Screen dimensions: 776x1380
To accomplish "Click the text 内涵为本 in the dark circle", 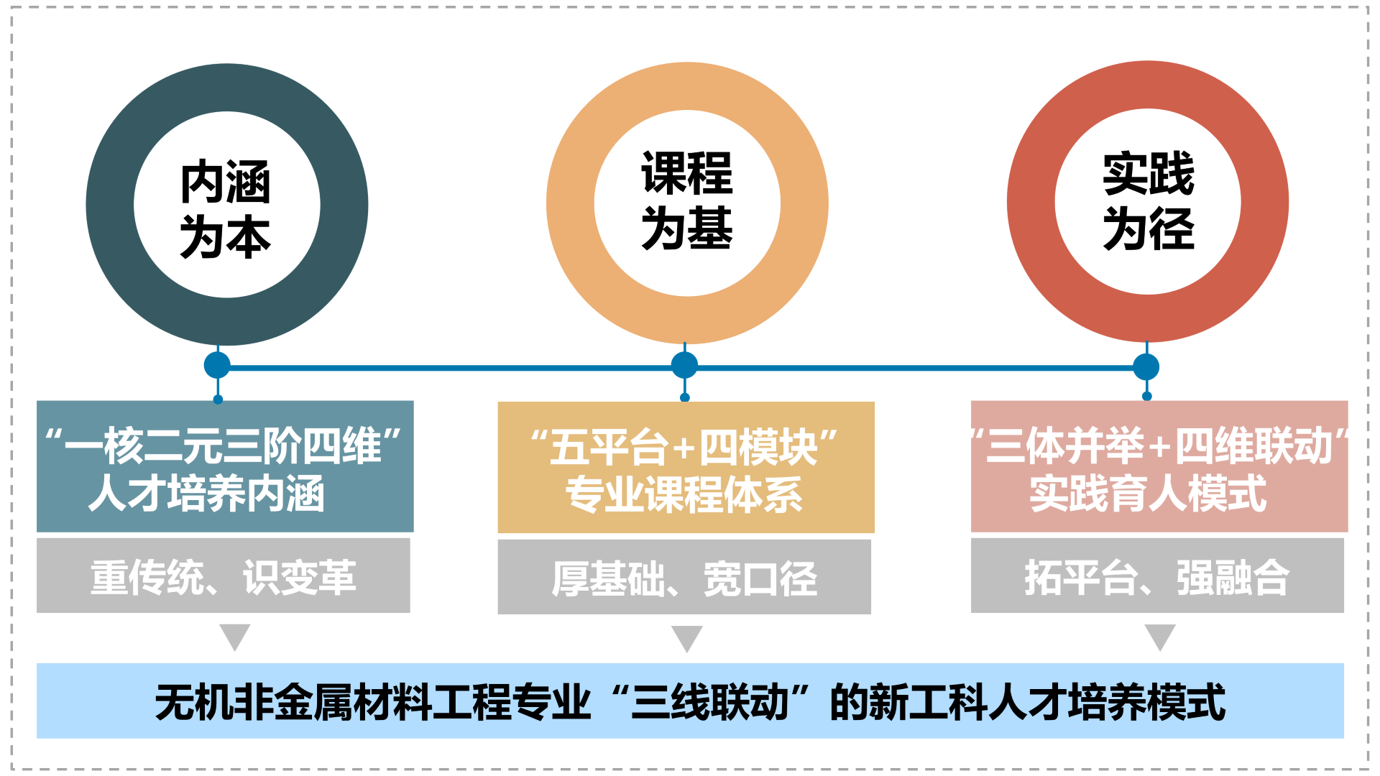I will (x=226, y=208).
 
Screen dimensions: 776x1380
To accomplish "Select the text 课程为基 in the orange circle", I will (x=687, y=201).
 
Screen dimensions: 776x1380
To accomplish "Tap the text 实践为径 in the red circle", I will (x=1148, y=201).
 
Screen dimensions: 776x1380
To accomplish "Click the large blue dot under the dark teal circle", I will (x=217, y=365).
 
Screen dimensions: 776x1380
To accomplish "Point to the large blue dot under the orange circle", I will (x=684, y=365).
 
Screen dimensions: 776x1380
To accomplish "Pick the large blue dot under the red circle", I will (x=1146, y=366).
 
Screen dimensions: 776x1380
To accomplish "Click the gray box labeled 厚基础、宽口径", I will (x=684, y=577).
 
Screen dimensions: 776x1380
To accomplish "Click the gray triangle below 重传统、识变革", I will (x=234, y=636).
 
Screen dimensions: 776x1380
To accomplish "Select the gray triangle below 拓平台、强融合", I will (x=1159, y=636).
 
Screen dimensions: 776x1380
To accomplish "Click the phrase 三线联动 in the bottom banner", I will (x=710, y=702).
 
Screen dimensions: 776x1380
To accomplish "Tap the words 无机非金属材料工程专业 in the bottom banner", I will (x=373, y=702).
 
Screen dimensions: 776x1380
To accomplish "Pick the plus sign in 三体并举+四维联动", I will (x=1159, y=448).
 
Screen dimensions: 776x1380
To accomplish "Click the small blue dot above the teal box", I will (x=218, y=399).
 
